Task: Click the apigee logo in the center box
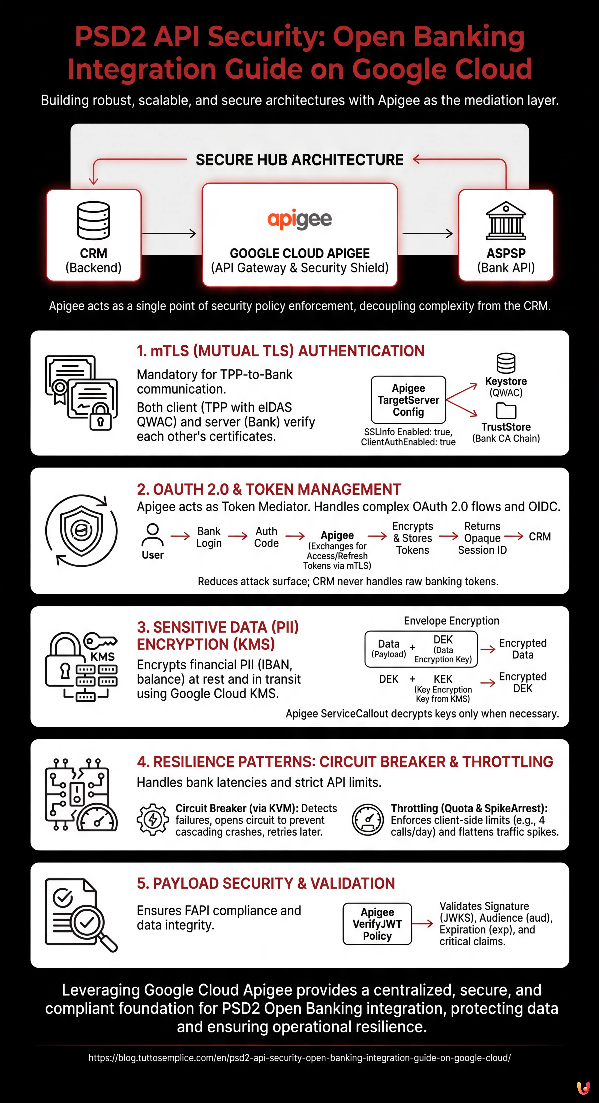(299, 219)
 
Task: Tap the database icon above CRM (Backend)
(93, 221)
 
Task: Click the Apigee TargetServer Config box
(408, 400)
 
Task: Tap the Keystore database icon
(506, 363)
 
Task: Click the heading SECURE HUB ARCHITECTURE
(299, 160)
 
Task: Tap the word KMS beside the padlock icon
(102, 657)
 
